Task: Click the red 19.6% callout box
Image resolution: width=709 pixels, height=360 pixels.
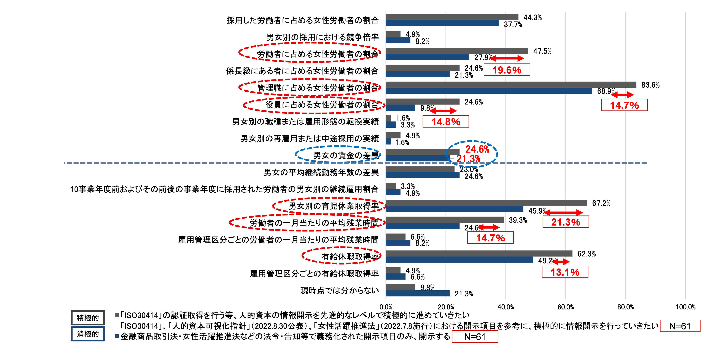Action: point(507,70)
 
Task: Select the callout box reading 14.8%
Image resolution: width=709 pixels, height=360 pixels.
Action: point(446,122)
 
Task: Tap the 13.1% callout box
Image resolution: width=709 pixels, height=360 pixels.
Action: point(565,272)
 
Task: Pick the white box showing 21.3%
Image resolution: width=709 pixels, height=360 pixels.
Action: point(566,222)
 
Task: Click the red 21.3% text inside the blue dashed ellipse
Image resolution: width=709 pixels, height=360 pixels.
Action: point(468,158)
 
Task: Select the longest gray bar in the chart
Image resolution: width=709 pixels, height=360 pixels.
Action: point(511,85)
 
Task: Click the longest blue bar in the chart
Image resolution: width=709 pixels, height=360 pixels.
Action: point(489,91)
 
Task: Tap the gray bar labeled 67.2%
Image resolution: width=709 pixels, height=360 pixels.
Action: point(487,203)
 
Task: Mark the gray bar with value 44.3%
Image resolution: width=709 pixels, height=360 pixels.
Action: point(452,17)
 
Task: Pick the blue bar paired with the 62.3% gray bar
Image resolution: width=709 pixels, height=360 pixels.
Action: point(460,260)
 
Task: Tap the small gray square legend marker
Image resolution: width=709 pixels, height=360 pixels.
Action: point(117,315)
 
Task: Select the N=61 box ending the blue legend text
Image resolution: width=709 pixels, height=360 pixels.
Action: point(474,337)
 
